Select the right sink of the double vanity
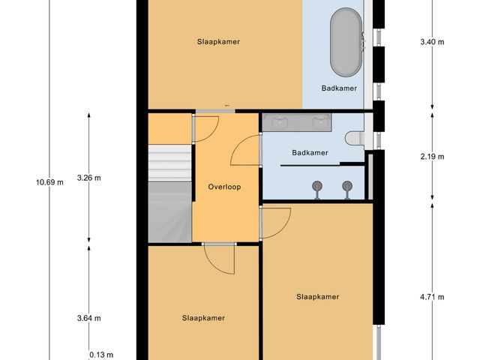[x=322, y=121]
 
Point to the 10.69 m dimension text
[x=49, y=181]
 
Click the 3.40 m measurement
[x=432, y=42]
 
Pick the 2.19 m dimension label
[x=432, y=157]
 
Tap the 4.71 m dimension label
[x=432, y=297]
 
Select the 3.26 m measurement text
[x=88, y=178]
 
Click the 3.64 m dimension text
[x=88, y=318]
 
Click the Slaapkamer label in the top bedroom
[x=218, y=42]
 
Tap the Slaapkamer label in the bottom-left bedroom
[x=203, y=318]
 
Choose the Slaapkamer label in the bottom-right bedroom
[x=317, y=297]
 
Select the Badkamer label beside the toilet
[x=310, y=153]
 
